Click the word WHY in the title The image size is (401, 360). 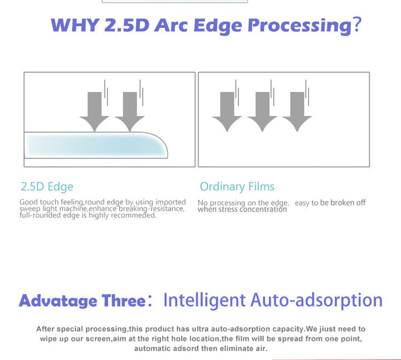pos(75,25)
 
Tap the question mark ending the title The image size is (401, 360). pos(357,25)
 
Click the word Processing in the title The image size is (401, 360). pos(300,26)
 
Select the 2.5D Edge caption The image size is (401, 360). pos(47,187)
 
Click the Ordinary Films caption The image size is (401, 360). pos(237,187)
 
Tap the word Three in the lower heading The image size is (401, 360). pos(124,300)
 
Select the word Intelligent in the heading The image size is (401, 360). pos(204,300)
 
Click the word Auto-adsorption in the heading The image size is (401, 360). pos(316,300)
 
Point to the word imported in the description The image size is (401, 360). pos(170,202)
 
